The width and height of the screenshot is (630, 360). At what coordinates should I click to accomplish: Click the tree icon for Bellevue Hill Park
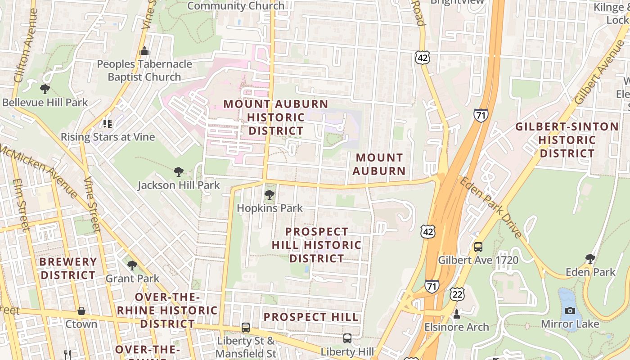coord(45,89)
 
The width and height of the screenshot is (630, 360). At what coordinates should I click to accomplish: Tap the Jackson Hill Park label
coord(179,185)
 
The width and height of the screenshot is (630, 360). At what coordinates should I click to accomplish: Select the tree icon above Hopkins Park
coord(270,194)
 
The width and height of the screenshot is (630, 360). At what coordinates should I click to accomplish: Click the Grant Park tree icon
coord(132,265)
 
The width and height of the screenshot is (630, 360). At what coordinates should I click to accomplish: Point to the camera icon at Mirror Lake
coord(570,310)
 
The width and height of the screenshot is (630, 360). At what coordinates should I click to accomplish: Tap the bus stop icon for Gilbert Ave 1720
coord(478,247)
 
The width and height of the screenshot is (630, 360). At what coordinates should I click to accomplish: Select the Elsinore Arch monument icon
coord(457,314)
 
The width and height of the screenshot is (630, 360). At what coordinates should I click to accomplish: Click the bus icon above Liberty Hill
coord(347,338)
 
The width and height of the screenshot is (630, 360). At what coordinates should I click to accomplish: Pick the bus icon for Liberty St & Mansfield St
coord(246,327)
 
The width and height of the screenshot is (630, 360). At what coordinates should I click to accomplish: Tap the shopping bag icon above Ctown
coord(81,310)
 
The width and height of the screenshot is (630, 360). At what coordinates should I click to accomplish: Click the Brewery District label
coord(68,268)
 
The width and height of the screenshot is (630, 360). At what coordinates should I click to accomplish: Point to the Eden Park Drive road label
coord(490,207)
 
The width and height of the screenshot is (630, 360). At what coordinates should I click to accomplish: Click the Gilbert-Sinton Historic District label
coord(567,140)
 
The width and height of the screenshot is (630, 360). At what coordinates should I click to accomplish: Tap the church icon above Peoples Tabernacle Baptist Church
coord(144,50)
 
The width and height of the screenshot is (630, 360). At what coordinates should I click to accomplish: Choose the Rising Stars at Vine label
coord(108,137)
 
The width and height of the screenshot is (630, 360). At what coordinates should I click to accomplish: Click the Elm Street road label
coord(21,204)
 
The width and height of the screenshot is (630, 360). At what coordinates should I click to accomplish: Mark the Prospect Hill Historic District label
coord(317,245)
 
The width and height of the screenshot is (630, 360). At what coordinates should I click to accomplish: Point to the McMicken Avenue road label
coord(38,171)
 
